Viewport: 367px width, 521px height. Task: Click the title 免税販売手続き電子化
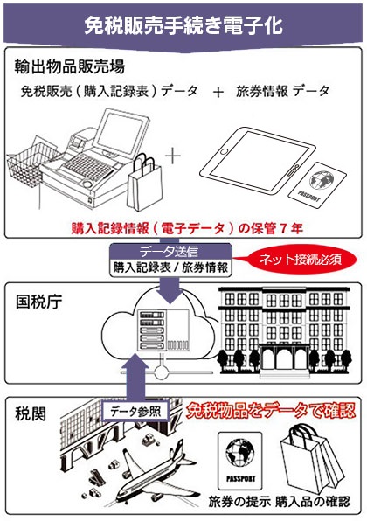click(183, 26)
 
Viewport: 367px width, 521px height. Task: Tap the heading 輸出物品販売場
click(70, 66)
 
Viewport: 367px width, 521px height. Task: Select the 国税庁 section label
click(38, 302)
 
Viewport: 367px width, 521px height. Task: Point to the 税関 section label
click(31, 414)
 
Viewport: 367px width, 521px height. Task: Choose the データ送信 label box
click(170, 252)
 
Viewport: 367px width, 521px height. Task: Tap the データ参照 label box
click(135, 412)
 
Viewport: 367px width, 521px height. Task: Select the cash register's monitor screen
click(121, 132)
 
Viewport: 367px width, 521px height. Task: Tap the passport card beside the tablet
click(317, 184)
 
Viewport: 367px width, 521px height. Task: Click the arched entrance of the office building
click(285, 359)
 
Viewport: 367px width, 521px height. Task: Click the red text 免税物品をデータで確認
click(270, 411)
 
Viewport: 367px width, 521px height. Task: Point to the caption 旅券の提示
click(239, 502)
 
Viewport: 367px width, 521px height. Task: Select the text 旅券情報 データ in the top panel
click(282, 91)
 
